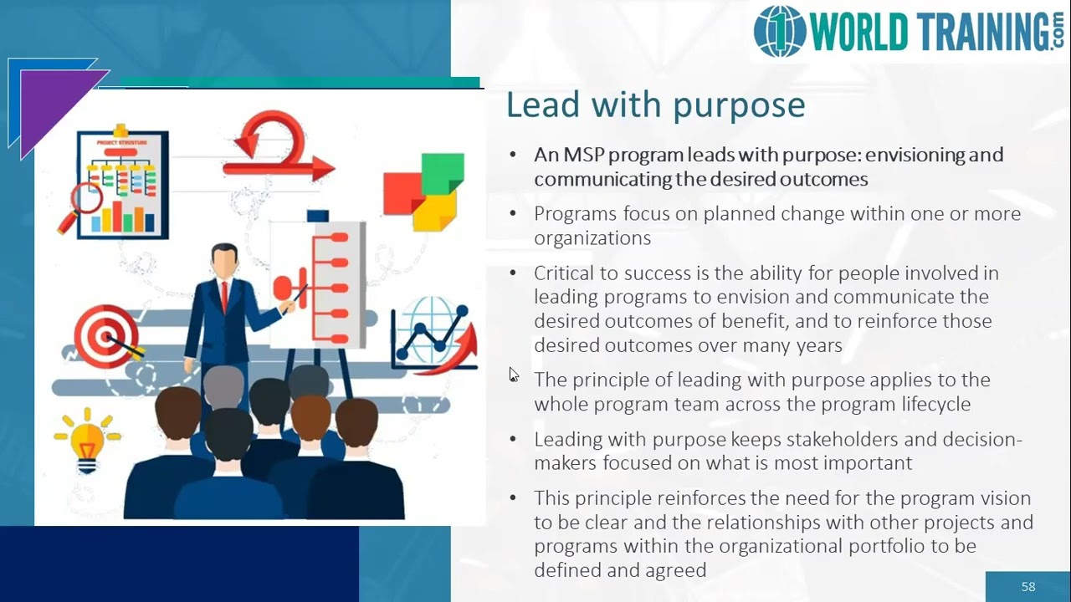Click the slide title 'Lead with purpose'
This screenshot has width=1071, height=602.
(x=655, y=106)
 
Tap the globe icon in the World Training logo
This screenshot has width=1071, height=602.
(x=779, y=33)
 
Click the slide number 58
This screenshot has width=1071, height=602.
(x=1028, y=587)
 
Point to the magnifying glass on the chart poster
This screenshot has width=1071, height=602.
(x=84, y=202)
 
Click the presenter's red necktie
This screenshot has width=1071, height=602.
(x=224, y=296)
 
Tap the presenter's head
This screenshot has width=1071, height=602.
(x=224, y=262)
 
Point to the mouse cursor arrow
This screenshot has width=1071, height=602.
(x=513, y=375)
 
